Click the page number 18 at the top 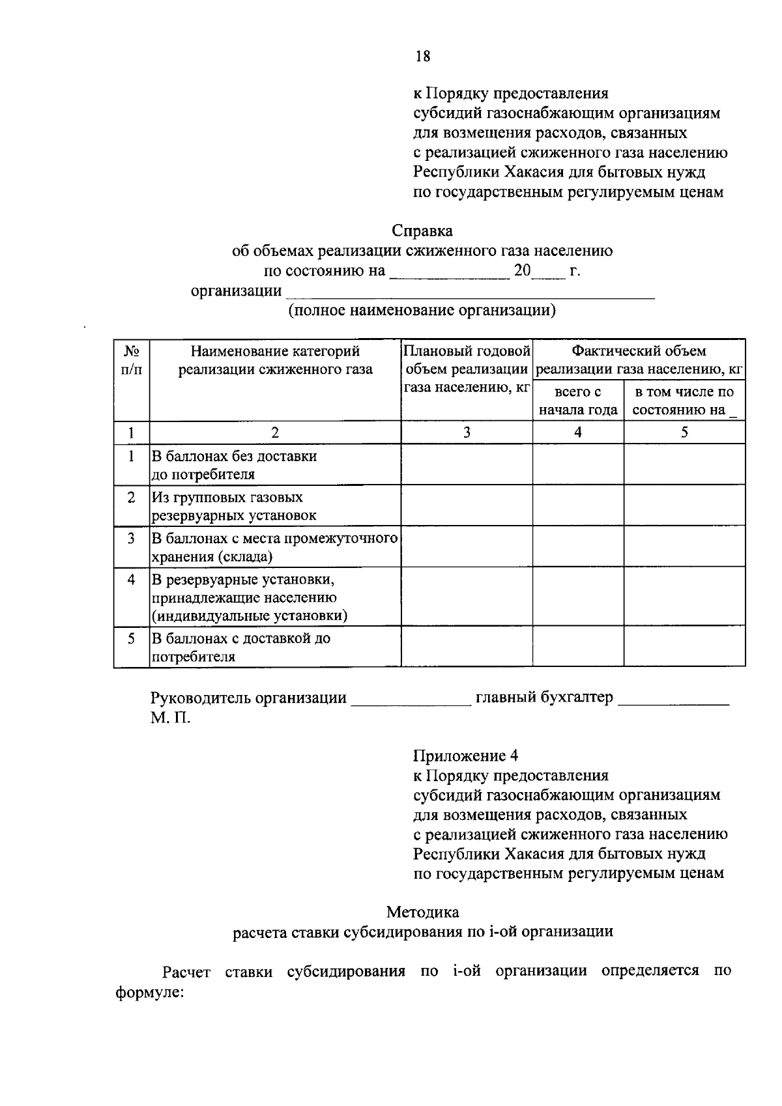point(423,57)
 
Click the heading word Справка point(422,231)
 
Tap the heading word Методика point(422,912)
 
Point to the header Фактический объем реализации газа point(639,360)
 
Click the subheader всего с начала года point(578,401)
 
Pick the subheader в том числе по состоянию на point(684,401)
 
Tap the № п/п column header point(132,360)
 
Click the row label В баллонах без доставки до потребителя point(235,464)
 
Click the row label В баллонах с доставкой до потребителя point(240,647)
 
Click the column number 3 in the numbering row point(467,432)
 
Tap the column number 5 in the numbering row point(684,432)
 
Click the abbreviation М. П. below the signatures point(171,718)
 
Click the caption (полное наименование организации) point(422,310)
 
